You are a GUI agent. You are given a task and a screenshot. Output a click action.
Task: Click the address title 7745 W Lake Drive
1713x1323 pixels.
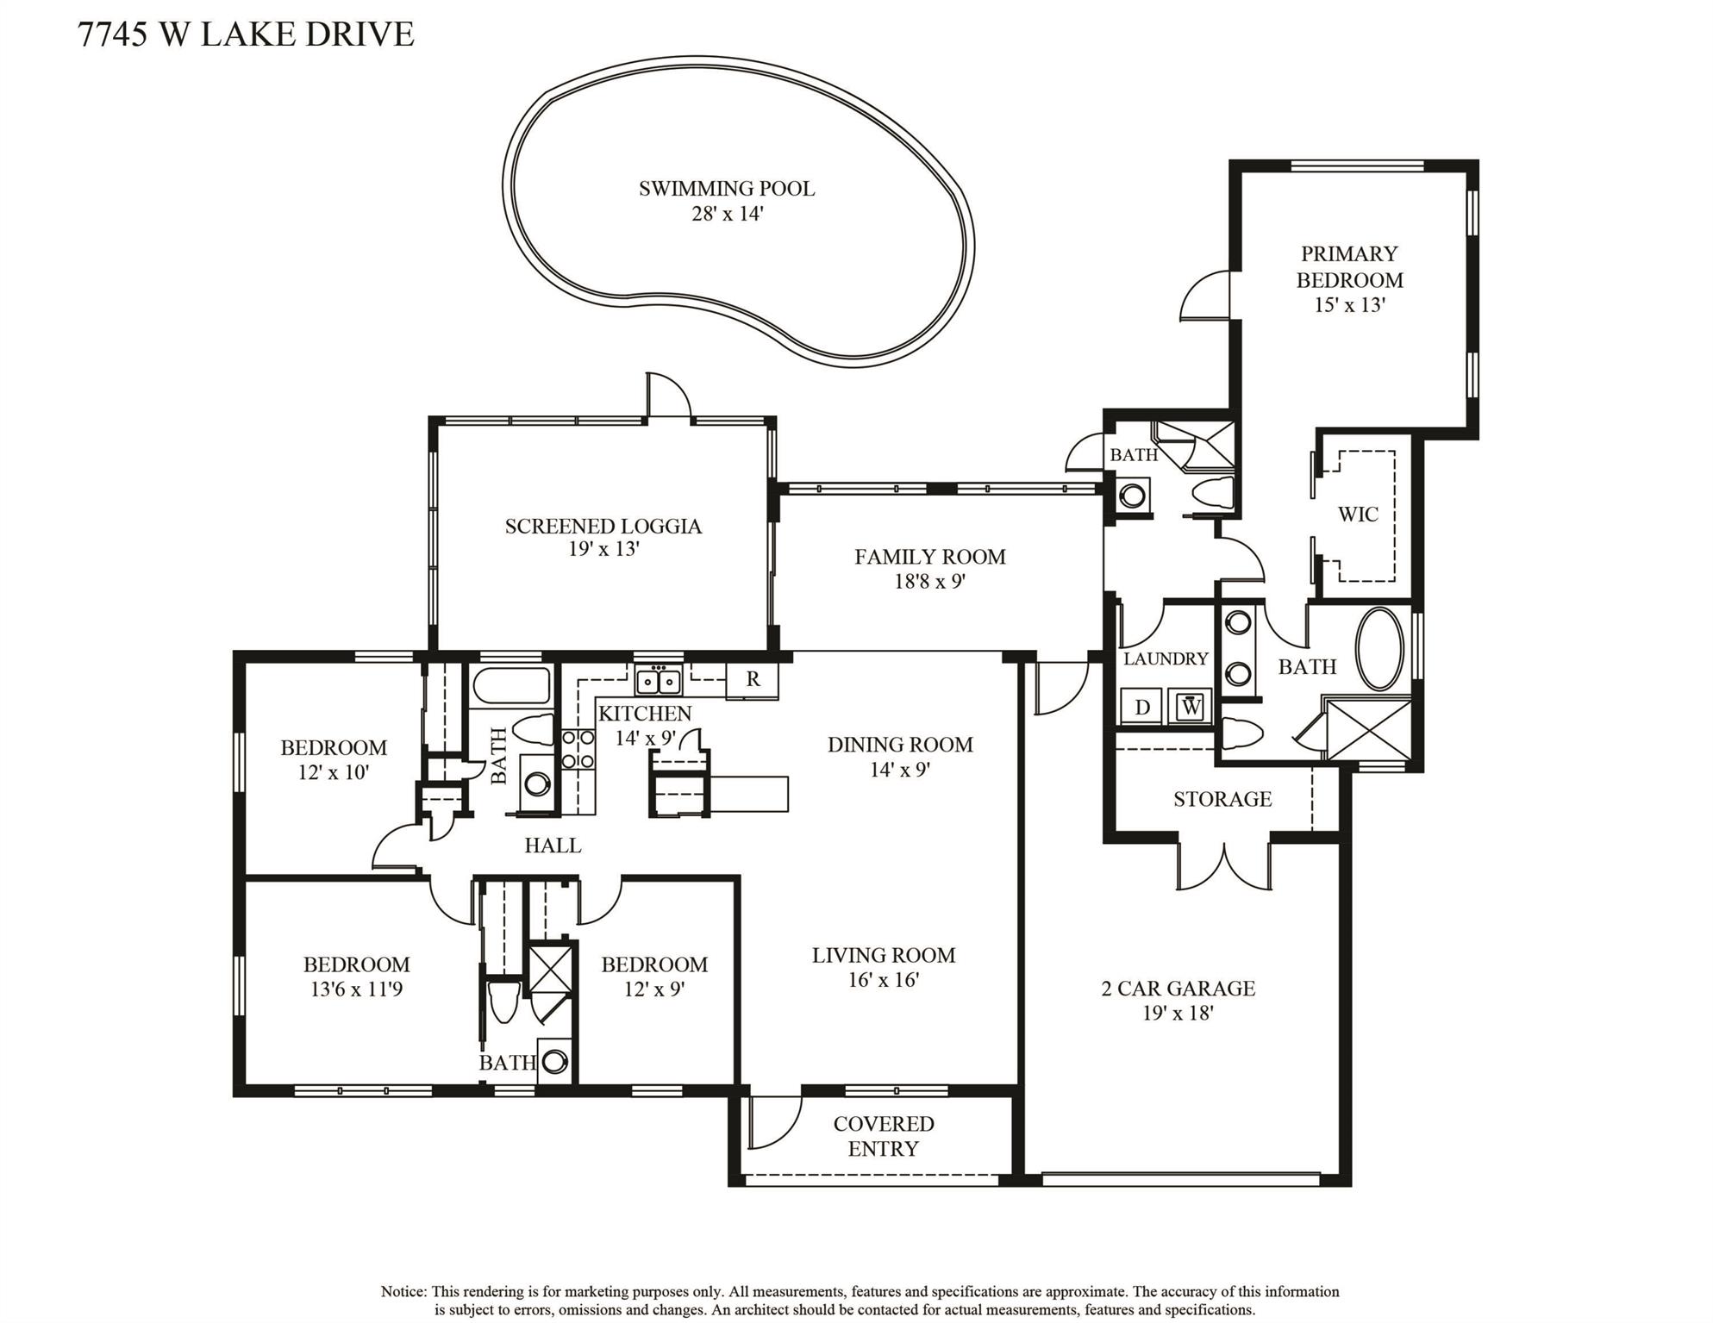(246, 34)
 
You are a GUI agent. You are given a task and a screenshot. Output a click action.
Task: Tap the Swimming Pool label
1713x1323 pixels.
(727, 189)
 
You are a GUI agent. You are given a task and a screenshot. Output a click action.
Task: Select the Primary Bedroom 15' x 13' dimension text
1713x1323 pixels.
(1349, 305)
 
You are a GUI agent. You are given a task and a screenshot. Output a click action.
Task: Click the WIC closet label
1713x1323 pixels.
(1358, 515)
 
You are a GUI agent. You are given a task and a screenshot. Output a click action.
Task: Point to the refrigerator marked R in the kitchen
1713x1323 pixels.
(753, 679)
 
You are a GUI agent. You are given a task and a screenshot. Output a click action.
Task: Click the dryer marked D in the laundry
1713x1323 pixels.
(1142, 707)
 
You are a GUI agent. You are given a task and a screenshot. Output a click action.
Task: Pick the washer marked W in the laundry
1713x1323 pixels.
(1191, 707)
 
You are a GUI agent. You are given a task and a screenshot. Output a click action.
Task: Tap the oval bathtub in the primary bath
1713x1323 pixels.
(1380, 649)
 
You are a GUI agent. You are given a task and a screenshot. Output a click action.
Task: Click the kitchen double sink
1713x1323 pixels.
(658, 681)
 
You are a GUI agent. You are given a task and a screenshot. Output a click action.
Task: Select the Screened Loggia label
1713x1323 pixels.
(603, 527)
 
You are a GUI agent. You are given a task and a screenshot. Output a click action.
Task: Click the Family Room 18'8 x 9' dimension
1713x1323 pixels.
(929, 582)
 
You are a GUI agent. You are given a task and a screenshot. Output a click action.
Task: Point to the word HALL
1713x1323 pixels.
(553, 846)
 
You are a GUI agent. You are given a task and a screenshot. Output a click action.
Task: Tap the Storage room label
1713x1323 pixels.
(1222, 799)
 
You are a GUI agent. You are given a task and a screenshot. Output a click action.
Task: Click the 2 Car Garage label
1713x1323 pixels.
(1178, 989)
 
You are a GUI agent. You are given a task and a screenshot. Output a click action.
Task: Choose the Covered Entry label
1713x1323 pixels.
(884, 1136)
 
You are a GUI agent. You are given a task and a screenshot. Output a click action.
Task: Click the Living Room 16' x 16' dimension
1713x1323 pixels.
(884, 980)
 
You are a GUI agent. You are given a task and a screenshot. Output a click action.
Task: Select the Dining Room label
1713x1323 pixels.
(900, 745)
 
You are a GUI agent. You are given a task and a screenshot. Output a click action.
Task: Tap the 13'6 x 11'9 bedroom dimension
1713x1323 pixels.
(356, 989)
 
